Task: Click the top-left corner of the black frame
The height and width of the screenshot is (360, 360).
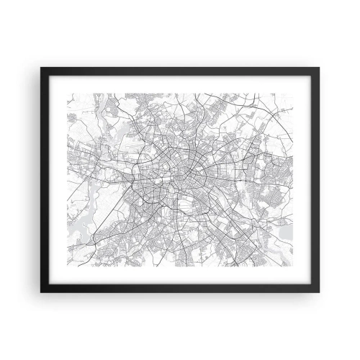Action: click(41, 67)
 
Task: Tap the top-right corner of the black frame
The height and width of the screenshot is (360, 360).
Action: click(320, 67)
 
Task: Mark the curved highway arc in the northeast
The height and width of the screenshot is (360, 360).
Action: click(248, 108)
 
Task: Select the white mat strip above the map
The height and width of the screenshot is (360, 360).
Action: click(180, 81)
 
